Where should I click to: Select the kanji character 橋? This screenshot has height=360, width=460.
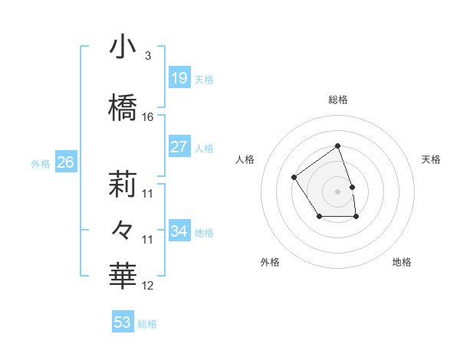123,107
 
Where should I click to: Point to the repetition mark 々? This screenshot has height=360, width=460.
123,228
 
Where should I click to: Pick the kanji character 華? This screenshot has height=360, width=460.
123,274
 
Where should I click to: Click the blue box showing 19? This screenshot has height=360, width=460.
179,78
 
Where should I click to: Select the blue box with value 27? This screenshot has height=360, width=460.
179,147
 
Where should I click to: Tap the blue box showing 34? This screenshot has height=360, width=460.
179,231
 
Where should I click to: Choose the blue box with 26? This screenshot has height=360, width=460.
65,162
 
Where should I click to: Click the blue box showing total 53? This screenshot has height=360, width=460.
123,322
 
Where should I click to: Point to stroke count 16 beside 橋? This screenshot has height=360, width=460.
148,117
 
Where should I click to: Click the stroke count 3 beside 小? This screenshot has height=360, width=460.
147,56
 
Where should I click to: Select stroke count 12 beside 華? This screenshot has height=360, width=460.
148,286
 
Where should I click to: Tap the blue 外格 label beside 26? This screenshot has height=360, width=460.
41,163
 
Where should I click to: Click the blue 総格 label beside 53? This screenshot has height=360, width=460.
147,324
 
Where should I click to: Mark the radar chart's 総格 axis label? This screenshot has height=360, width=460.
337,100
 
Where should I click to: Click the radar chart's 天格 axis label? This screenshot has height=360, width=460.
431,159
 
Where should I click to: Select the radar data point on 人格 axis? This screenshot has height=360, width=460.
294,177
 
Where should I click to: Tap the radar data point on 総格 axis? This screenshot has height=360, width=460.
337,146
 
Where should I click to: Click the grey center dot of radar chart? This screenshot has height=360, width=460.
337,191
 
